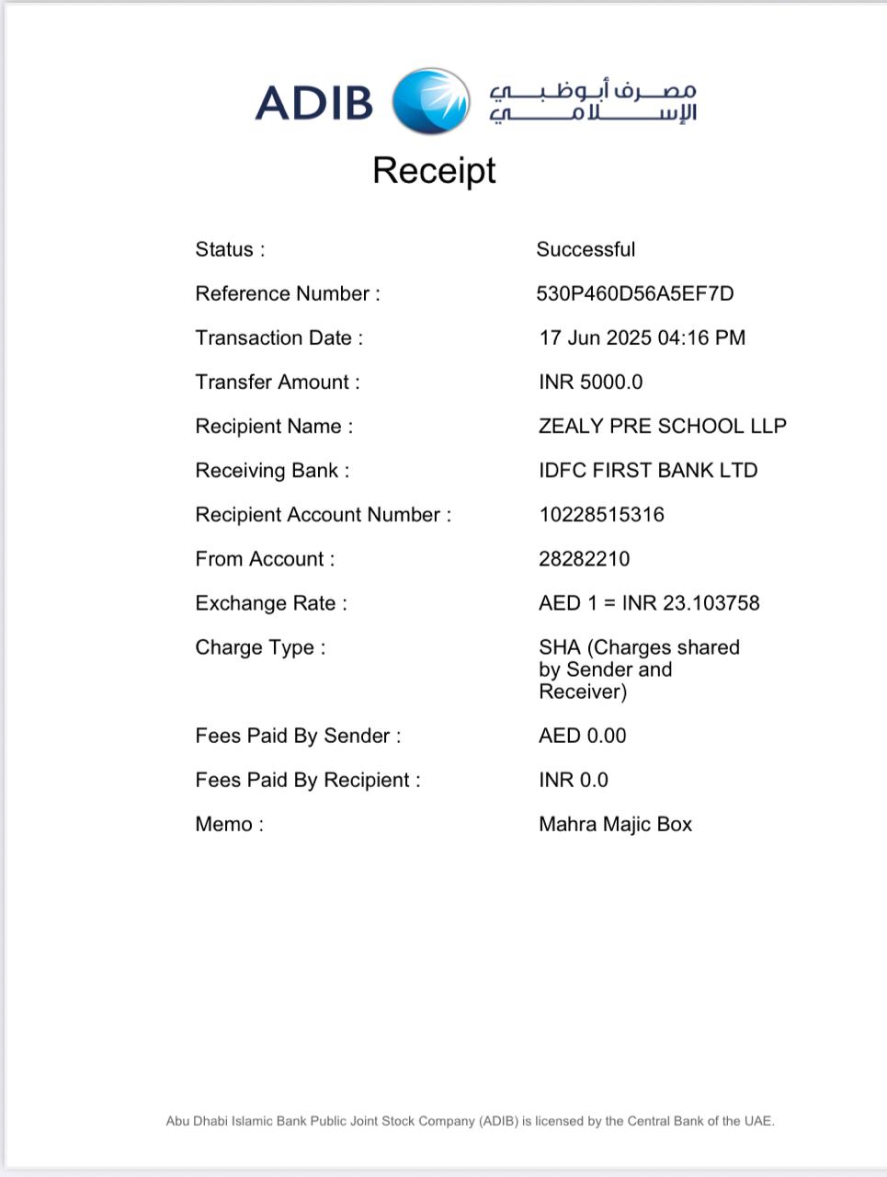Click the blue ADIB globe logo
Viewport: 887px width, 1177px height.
(430, 101)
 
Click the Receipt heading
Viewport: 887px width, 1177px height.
(434, 171)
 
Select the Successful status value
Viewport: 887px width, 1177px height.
(586, 249)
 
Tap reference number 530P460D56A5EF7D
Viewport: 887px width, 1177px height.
(634, 293)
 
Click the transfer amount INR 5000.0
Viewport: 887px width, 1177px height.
(590, 382)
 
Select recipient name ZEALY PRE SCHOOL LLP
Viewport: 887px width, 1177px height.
(662, 426)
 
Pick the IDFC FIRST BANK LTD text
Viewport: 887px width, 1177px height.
(647, 470)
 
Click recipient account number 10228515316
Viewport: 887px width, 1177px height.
(601, 514)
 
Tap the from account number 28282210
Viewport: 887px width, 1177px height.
(584, 558)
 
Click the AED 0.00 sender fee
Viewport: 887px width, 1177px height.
(582, 736)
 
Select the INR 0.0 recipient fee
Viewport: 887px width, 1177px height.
(573, 780)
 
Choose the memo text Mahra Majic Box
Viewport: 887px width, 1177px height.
(615, 824)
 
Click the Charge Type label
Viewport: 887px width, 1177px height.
(260, 647)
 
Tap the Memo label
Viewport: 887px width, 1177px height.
(229, 824)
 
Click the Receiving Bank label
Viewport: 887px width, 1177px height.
(272, 470)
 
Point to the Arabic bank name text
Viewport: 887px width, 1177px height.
(593, 102)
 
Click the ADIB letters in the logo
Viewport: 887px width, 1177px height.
(314, 102)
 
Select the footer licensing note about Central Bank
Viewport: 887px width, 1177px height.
(470, 1121)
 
